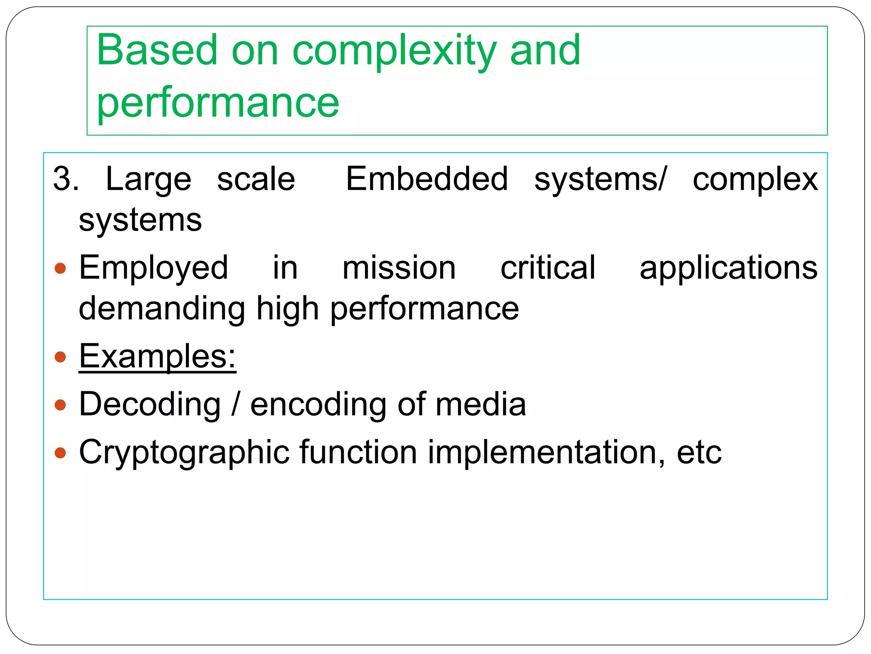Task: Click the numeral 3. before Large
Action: [x=66, y=179]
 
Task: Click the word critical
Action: [x=548, y=267]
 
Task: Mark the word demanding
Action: [x=162, y=308]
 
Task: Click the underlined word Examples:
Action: [x=157, y=356]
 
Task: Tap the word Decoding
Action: [x=150, y=404]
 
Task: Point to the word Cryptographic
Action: [x=184, y=453]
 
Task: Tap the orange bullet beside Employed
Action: [x=60, y=268]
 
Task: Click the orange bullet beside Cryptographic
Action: [x=60, y=453]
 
